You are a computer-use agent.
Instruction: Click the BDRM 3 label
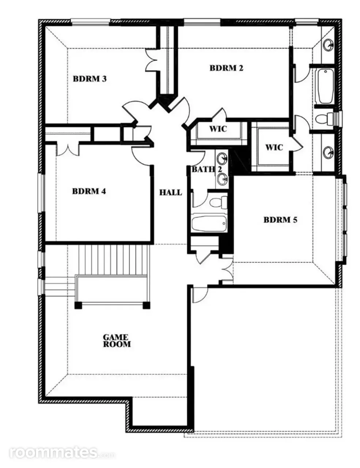[x=90, y=79]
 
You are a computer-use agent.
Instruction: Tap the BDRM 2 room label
[x=226, y=68]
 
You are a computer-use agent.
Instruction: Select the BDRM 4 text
[x=89, y=191]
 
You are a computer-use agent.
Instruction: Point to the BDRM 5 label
[x=280, y=220]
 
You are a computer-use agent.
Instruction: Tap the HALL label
[x=171, y=192]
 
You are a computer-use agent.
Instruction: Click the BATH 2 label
[x=207, y=169]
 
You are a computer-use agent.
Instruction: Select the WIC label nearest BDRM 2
[x=218, y=129]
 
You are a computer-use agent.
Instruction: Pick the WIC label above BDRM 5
[x=274, y=147]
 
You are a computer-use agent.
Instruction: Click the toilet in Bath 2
[x=219, y=203]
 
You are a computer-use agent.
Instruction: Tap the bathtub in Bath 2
[x=209, y=223]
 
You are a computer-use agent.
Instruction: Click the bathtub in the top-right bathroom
[x=325, y=86]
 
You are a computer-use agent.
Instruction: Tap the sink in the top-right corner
[x=328, y=45]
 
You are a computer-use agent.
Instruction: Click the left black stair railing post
[x=78, y=305]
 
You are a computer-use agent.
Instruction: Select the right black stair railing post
[x=146, y=305]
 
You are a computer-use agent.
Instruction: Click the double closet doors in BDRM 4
[x=68, y=150]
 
